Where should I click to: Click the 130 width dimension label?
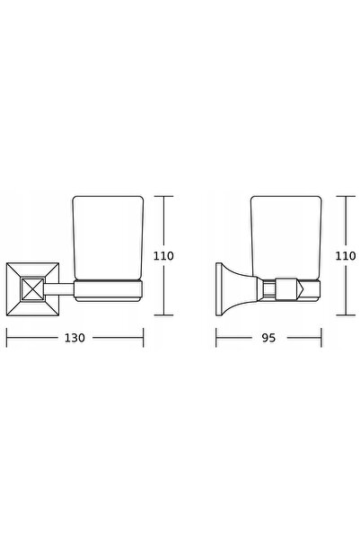pos(75,338)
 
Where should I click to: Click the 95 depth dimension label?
pos(268,338)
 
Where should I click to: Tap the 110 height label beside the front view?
pos(163,256)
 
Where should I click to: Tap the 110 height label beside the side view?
pos(346,256)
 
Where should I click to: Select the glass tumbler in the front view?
pos(108,238)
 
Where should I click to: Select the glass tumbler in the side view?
pos(286,238)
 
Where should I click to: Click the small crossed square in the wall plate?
pos(32,289)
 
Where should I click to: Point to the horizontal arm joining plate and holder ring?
pos(59,289)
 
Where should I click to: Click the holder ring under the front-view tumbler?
pos(109,291)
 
